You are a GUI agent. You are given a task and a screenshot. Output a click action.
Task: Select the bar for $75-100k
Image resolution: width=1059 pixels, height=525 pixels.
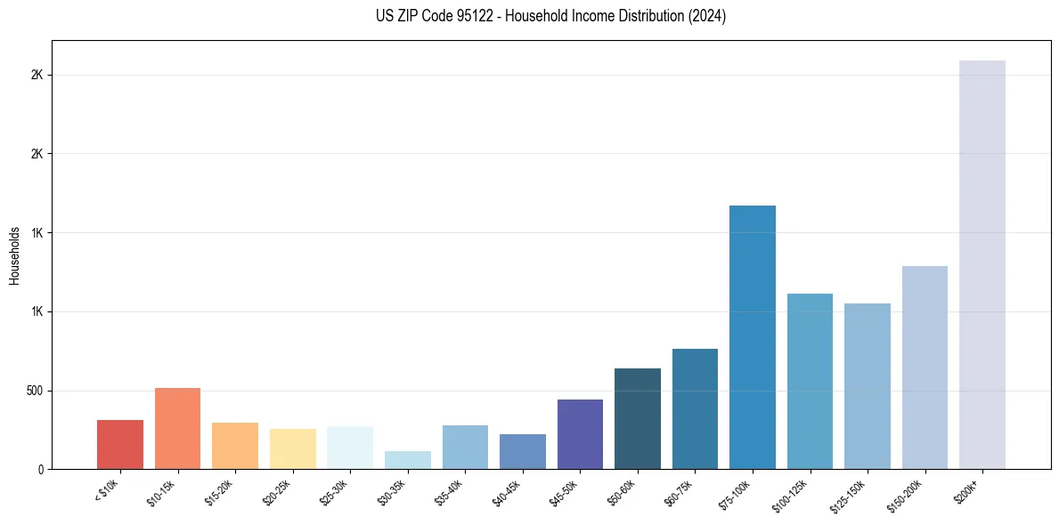click(753, 337)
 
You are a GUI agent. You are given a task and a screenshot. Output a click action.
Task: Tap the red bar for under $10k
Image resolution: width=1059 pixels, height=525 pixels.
click(120, 444)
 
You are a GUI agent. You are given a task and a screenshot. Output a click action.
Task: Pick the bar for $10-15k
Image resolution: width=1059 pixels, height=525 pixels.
click(177, 428)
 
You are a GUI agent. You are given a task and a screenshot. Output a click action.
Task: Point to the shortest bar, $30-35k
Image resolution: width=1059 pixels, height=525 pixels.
click(408, 460)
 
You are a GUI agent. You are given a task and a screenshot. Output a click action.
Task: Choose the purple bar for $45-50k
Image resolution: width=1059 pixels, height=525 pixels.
click(580, 434)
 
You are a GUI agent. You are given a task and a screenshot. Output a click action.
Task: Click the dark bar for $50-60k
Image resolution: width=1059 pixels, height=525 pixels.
click(638, 418)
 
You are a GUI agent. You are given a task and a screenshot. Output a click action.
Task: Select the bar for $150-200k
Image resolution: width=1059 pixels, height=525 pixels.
click(925, 367)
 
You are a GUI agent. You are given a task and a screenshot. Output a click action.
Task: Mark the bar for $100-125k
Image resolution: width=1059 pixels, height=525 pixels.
click(810, 381)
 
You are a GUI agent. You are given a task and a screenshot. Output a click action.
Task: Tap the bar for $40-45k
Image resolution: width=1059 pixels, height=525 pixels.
click(523, 451)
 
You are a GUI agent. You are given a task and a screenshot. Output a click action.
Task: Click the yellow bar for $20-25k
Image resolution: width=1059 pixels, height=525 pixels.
click(293, 448)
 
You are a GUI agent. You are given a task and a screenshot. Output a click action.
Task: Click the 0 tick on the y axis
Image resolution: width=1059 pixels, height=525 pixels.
click(41, 469)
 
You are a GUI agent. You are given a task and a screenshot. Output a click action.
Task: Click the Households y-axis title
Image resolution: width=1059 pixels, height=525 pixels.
click(15, 254)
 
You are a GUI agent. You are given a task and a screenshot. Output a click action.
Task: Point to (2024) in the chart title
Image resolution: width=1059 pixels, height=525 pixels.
click(705, 16)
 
